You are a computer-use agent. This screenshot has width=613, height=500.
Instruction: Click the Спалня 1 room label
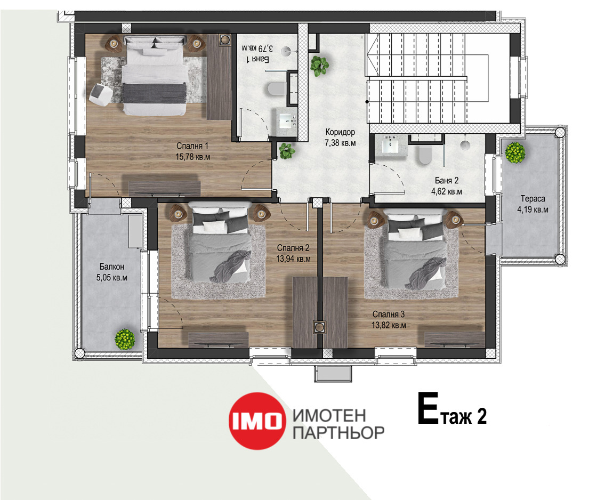[x=192, y=146]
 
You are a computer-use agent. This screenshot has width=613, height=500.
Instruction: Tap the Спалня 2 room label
[x=293, y=248]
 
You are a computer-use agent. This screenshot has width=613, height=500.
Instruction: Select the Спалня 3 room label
[x=389, y=314]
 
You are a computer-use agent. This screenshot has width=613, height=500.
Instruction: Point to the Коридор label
[x=340, y=132]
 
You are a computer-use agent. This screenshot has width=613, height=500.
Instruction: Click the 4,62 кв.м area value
[x=447, y=191]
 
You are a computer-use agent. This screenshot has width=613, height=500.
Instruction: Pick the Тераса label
[x=533, y=199]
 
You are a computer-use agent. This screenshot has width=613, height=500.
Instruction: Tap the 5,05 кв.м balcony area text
[x=112, y=278]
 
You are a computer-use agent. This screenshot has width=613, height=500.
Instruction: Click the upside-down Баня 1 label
[x=257, y=59]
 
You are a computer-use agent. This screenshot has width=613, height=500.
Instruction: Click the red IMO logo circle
[x=256, y=421]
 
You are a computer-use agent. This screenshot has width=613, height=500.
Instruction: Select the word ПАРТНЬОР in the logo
[x=338, y=433]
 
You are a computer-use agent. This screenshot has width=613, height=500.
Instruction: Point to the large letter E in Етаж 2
[x=428, y=408]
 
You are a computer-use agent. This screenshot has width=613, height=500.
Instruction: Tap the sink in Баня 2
[x=390, y=146]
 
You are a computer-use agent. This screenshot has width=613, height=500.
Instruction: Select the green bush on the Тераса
[x=515, y=152]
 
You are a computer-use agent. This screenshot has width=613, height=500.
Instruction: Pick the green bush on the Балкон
[x=125, y=339]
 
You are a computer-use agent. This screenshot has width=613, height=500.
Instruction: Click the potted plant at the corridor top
[x=319, y=65]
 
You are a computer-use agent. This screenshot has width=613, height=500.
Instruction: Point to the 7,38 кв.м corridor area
[x=340, y=143]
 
